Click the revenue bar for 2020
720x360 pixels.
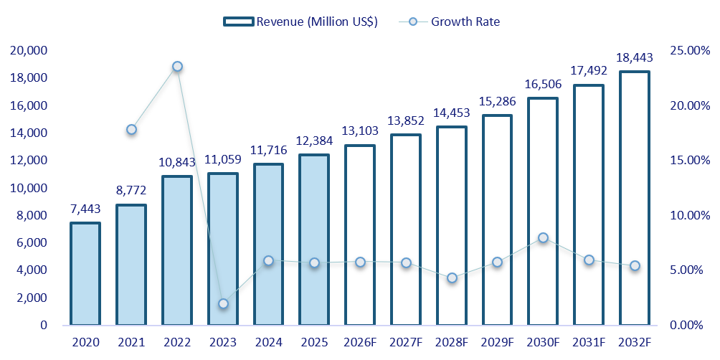[x=85, y=274]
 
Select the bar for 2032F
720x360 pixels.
[x=634, y=199]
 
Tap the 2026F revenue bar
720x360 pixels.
[x=359, y=235]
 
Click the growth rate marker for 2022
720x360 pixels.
[x=177, y=67]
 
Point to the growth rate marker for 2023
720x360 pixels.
[x=223, y=303]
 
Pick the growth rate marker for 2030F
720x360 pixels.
[x=543, y=237]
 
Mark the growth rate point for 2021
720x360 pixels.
[x=131, y=130]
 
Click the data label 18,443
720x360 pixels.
[x=634, y=58]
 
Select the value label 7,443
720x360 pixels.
[x=85, y=209]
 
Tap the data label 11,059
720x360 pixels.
[x=223, y=160]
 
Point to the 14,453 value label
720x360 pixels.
[x=452, y=113]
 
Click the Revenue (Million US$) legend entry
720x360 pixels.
[x=300, y=22]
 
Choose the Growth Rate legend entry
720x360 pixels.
[x=448, y=22]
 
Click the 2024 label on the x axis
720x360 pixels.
[x=269, y=342]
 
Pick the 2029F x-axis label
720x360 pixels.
[x=497, y=342]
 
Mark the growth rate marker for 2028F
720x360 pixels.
[x=452, y=278]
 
